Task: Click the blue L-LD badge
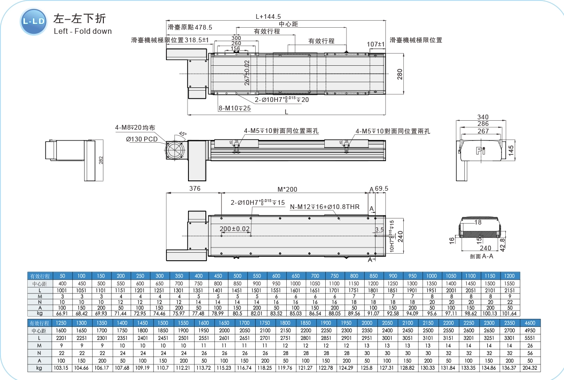[x=34, y=22]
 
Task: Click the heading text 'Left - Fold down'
[x=83, y=31]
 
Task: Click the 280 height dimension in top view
[x=400, y=74]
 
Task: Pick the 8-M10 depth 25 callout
[x=235, y=109]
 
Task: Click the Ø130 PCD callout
[x=141, y=139]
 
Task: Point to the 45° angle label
[x=182, y=134]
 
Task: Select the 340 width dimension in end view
[x=483, y=117]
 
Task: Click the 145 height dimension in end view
[x=511, y=152]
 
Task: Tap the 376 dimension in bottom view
[x=194, y=188]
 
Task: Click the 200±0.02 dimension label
[x=235, y=229]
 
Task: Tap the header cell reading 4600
[x=530, y=323]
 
